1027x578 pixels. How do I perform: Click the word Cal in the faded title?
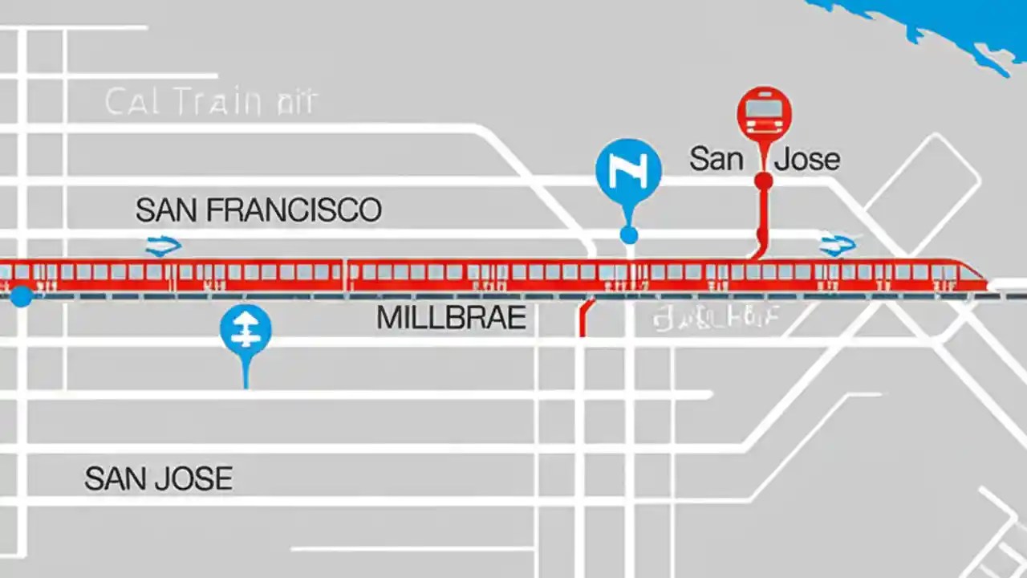132,103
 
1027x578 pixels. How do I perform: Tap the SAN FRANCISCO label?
258,210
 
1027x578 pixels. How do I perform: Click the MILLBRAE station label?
451,319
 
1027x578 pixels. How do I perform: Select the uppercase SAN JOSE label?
159,479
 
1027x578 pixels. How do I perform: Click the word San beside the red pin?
716,159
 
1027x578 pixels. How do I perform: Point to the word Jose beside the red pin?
807,159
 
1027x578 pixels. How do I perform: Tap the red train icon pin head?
764,115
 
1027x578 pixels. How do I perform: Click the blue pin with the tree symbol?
246,330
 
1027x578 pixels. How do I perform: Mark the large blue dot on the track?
22,295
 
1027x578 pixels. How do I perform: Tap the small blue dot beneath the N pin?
629,234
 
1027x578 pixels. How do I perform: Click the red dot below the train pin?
764,181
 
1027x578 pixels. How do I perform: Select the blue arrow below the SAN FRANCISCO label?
163,246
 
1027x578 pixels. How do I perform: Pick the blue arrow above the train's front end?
837,246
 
